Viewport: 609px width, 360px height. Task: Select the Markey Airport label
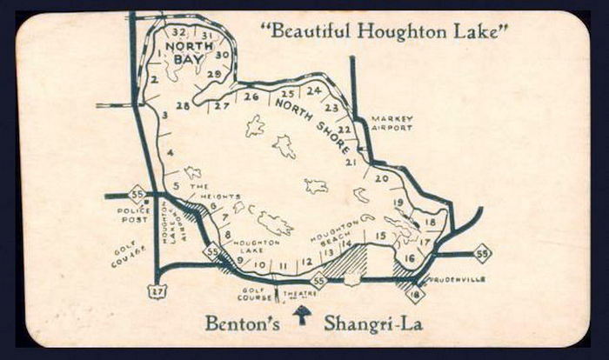[x=391, y=123]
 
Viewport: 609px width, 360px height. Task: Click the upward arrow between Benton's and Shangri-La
[x=301, y=315]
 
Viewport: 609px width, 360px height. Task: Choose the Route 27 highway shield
[x=157, y=293]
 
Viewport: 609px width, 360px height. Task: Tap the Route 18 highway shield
[x=415, y=295]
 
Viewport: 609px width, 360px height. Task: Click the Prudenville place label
[x=457, y=280]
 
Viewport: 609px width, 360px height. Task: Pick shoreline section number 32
[x=178, y=33]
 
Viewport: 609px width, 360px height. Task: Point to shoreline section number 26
[x=251, y=97]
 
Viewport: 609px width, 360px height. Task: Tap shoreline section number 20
[x=381, y=178]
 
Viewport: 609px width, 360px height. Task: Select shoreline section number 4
[x=171, y=153]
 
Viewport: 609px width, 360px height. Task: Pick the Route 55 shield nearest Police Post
[x=137, y=193]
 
